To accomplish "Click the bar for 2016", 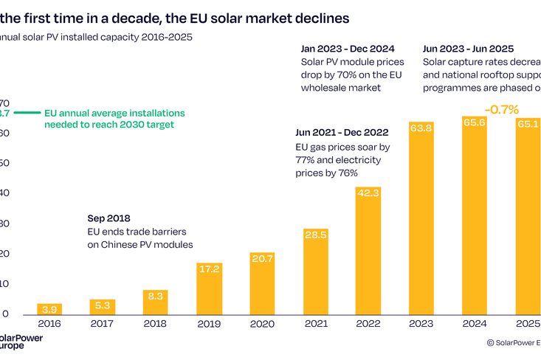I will (49, 309).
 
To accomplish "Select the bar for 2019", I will (209, 288).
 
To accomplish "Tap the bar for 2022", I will (368, 251).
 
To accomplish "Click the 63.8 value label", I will (421, 128).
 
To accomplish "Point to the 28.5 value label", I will (315, 234).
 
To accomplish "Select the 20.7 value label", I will (262, 258).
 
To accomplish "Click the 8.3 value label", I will (156, 295).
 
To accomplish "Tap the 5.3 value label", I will (103, 304).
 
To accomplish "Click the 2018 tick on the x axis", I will (156, 322).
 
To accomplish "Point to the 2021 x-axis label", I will (315, 322).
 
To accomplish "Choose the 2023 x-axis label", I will (421, 322).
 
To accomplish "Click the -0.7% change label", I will (501, 109).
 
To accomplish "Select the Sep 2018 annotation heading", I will (108, 218).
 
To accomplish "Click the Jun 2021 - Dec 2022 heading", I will (341, 133).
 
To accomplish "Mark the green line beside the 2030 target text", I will (27, 113).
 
